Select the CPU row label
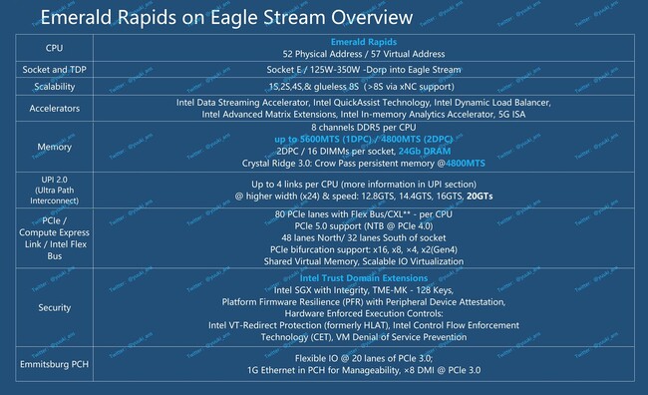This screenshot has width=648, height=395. click(54, 48)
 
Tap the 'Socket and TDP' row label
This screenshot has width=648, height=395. click(54, 70)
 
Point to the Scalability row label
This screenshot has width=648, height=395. click(54, 88)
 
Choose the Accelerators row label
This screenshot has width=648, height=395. click(54, 109)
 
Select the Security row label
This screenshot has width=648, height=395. click(54, 309)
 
